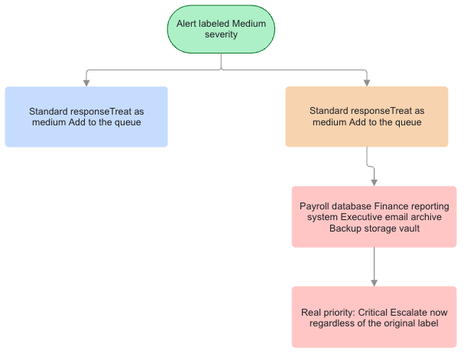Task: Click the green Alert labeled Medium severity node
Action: [x=221, y=29]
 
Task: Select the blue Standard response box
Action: [x=86, y=117]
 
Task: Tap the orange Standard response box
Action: [x=367, y=116]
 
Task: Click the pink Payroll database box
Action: [x=374, y=217]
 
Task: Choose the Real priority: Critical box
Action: [x=374, y=317]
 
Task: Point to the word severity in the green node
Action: [x=221, y=34]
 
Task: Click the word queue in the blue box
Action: [x=127, y=122]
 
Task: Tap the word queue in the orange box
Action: [x=407, y=122]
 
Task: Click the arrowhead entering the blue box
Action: [x=86, y=83]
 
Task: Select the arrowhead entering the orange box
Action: [x=367, y=83]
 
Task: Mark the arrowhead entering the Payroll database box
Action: [x=374, y=183]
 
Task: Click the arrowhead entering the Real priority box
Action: [x=374, y=283]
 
